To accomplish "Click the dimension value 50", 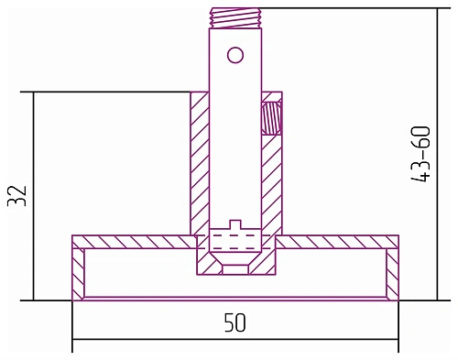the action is pos(234,322).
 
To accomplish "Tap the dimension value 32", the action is pos(17,196).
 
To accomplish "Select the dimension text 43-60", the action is pos(420,154).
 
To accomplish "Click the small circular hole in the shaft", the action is pos(235,55).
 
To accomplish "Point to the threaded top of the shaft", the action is pos(235,18).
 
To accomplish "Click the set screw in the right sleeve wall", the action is pos(271,117).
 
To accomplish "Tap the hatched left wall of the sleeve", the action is pos(200,163).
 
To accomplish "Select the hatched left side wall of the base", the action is pos(78,274).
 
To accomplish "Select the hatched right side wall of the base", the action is pos(392,274).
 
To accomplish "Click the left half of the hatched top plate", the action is pos(134,242).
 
